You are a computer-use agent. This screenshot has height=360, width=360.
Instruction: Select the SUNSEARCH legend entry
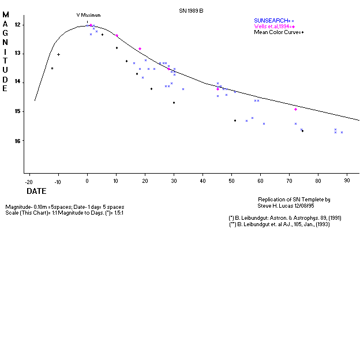[x=275, y=20]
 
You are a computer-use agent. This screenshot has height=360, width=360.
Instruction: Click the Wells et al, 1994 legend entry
[x=274, y=27]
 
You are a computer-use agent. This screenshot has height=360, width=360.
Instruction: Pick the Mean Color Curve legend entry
[x=279, y=32]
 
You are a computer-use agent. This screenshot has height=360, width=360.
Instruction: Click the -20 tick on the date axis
[x=28, y=181]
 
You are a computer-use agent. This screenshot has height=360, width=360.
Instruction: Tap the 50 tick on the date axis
[x=231, y=181]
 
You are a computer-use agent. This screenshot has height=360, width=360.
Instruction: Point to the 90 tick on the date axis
[x=347, y=181]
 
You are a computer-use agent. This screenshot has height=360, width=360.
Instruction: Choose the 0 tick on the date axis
[x=87, y=181]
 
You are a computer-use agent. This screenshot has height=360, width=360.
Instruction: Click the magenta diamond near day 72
[x=295, y=109]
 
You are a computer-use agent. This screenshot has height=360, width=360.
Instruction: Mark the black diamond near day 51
[x=235, y=121]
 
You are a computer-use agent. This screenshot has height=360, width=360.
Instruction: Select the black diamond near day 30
[x=174, y=103]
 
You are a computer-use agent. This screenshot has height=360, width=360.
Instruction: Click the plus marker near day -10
[x=58, y=54]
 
